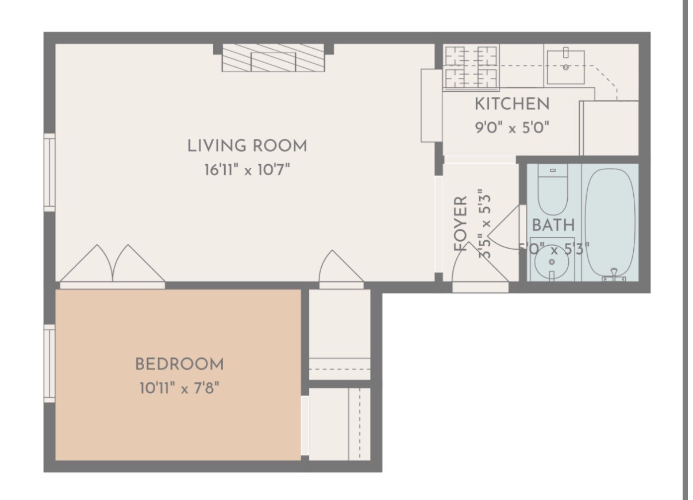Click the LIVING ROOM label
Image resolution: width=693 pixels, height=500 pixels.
[247, 146]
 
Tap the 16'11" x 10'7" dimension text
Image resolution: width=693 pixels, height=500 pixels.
[247, 170]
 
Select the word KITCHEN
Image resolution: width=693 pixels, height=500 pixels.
[511, 104]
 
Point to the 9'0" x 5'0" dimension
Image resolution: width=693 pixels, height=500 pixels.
[511, 127]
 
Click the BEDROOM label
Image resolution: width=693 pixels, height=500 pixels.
[179, 364]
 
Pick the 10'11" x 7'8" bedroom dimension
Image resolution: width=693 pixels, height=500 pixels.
[179, 389]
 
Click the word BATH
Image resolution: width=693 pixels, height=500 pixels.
[553, 225]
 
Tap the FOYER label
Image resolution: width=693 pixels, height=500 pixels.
[461, 224]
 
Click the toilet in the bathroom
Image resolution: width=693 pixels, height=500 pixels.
[553, 189]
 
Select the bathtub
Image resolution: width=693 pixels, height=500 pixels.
[610, 221]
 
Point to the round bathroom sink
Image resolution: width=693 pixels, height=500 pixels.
[552, 261]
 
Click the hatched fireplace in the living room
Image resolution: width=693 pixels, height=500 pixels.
[273, 58]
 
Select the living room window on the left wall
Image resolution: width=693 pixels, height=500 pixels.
[50, 172]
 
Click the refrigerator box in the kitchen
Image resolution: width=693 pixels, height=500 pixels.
[609, 128]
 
